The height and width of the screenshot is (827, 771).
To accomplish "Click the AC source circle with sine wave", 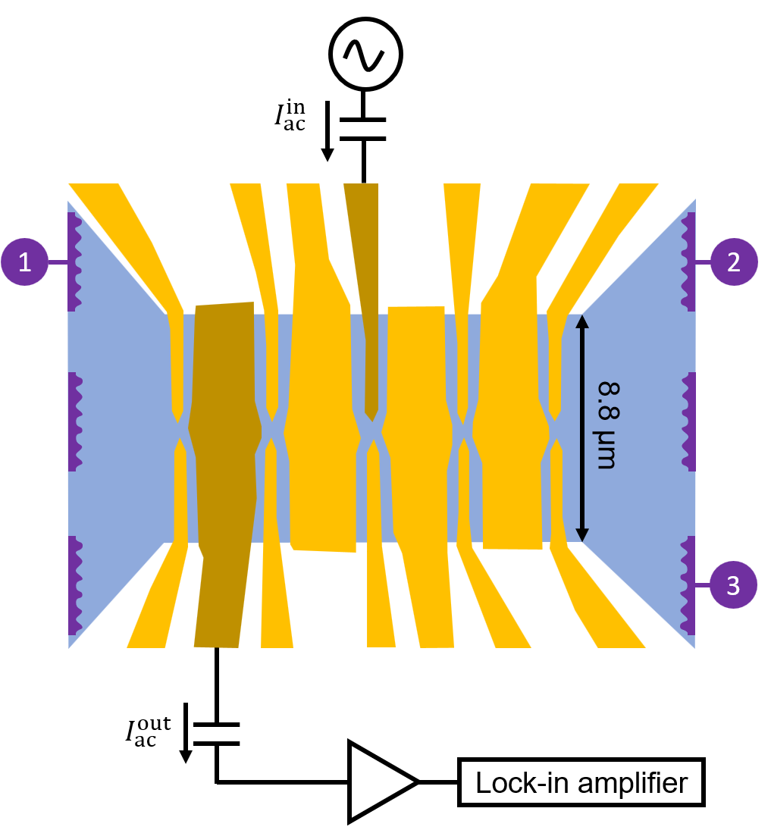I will [x=365, y=52].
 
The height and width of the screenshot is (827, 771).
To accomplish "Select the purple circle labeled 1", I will [x=25, y=262].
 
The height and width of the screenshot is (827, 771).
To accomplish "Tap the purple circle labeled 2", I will [x=733, y=262].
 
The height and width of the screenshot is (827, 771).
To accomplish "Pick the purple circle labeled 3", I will [x=733, y=585].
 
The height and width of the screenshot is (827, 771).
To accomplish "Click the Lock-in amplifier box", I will [x=581, y=782].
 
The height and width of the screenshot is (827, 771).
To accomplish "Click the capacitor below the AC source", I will [x=364, y=129].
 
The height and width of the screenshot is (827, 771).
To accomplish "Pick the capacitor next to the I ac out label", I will [x=217, y=735].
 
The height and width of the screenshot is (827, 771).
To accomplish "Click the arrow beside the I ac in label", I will [x=328, y=133].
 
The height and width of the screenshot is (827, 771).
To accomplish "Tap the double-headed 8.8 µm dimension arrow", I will [x=581, y=428].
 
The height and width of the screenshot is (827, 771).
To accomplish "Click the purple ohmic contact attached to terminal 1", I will [x=74, y=262].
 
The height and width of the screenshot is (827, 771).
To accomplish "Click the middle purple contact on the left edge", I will [x=74, y=421].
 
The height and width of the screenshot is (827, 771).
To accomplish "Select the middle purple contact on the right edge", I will [x=689, y=421].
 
